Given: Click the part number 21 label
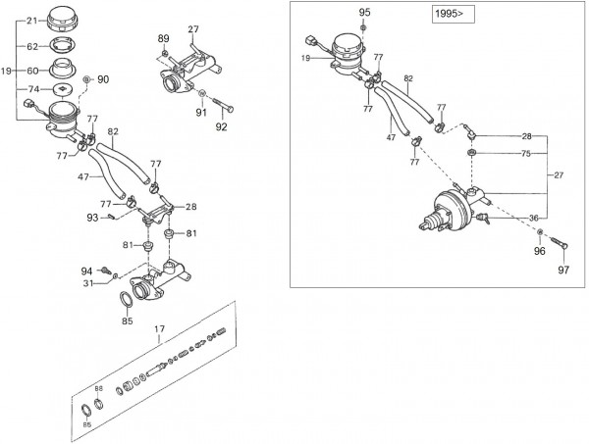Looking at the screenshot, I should click(30, 21).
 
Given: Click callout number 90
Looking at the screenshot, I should click(103, 78).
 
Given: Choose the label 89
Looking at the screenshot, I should click(163, 37).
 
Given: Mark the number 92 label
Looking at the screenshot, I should click(221, 126).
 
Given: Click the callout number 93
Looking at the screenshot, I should click(92, 218).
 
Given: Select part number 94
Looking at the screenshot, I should click(86, 271).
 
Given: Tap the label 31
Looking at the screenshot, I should click(86, 284).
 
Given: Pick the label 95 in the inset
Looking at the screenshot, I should click(365, 12).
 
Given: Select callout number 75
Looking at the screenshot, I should click(526, 153).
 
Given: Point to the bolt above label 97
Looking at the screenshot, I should click(561, 244).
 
